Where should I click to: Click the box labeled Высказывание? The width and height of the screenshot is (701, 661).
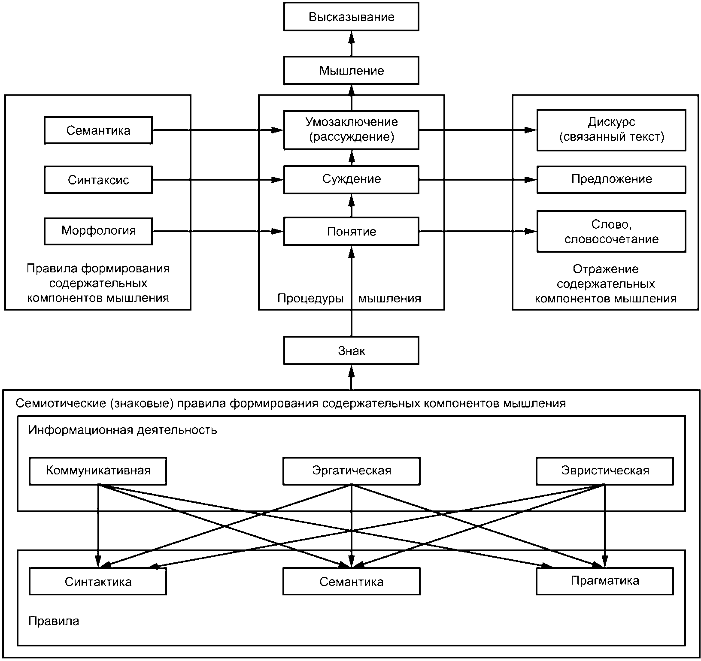tap(351, 17)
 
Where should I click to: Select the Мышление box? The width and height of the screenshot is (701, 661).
tap(351, 70)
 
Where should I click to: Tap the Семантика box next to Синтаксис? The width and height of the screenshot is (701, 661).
tap(98, 130)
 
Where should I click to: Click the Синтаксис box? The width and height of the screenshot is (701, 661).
tap(98, 180)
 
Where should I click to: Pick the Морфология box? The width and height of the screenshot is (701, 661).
tap(98, 231)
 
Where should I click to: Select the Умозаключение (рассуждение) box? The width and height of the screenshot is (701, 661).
tap(351, 130)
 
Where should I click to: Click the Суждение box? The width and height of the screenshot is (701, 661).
tap(351, 180)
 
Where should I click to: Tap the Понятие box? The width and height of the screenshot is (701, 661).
tap(351, 232)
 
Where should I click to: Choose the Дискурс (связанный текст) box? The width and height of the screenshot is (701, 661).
tap(611, 130)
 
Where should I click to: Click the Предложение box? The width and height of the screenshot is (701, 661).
tap(611, 180)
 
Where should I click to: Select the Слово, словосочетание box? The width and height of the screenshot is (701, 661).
tap(611, 231)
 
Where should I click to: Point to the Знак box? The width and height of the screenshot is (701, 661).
tap(351, 350)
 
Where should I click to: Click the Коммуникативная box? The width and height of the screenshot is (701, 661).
tap(98, 471)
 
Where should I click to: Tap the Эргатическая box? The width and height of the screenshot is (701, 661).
tap(352, 471)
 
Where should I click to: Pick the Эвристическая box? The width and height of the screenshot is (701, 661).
tap(605, 471)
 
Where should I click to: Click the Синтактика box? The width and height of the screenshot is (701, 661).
tap(98, 581)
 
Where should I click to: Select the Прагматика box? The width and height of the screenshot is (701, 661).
tap(605, 581)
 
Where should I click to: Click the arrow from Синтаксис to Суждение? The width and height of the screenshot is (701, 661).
tap(218, 180)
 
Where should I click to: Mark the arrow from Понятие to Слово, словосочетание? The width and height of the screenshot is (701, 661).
tap(478, 232)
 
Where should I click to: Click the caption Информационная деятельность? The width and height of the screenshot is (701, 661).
tap(123, 430)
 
